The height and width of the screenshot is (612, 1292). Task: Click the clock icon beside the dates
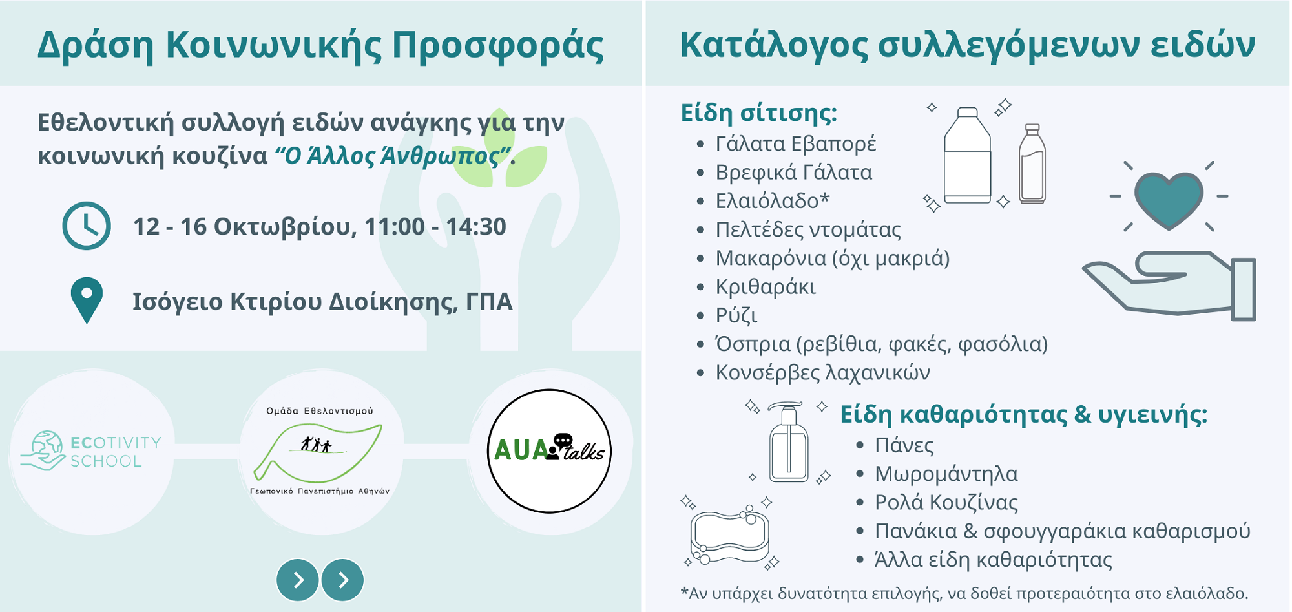pyautogui.click(x=87, y=226)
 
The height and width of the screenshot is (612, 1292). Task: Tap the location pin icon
pyautogui.click(x=87, y=301)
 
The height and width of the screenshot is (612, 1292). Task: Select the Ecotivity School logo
pyautogui.click(x=91, y=451)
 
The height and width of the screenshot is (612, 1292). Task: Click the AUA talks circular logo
pyautogui.click(x=549, y=451)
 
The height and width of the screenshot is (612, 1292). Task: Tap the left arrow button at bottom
pyautogui.click(x=298, y=580)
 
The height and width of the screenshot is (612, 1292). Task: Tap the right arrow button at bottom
pyautogui.click(x=343, y=580)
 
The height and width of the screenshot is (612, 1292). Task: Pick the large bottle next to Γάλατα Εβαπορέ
pyautogui.click(x=967, y=156)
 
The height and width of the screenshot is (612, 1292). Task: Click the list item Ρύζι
pyautogui.click(x=736, y=315)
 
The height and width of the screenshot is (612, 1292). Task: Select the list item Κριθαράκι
pyautogui.click(x=766, y=286)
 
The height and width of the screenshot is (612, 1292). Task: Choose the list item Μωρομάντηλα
pyautogui.click(x=946, y=474)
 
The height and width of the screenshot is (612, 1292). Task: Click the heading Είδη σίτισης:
pyautogui.click(x=758, y=112)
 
